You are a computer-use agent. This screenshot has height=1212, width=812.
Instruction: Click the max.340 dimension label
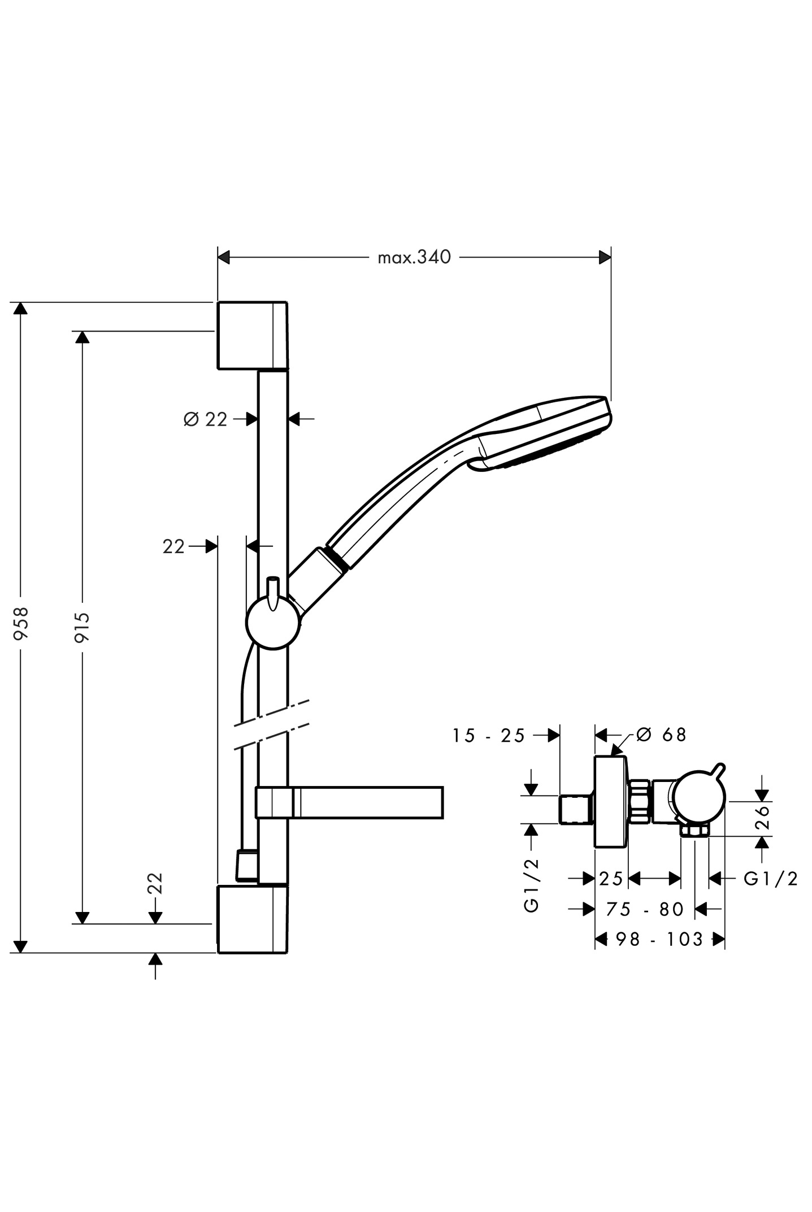pos(414,258)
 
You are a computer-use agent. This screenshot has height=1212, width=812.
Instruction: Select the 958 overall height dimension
pos(21,623)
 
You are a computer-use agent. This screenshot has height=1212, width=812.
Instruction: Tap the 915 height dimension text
pos(82,627)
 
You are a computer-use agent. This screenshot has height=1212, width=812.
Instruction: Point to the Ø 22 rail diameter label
pos(206,419)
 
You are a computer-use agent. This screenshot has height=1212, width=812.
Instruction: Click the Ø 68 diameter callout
pos(661,735)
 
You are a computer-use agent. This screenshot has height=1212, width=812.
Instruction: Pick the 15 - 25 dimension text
pos(489,736)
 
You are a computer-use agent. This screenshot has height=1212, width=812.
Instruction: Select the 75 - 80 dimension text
pos(645,909)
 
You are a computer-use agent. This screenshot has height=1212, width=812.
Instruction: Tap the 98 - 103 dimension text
pos(659,939)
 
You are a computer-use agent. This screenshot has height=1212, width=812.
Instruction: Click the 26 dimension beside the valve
pos(762,816)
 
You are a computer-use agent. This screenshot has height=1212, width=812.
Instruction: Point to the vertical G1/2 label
pos(532,885)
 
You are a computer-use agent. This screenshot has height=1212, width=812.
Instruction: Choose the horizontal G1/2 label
pos(771,879)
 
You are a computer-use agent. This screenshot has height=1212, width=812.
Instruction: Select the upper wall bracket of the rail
pos(252,335)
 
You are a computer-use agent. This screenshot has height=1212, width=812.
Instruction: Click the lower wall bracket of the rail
pos(252,919)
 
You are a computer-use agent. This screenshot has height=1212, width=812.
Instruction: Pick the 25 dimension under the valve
pos(611,879)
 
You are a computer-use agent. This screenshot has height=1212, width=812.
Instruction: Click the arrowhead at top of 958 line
pos(21,309)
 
